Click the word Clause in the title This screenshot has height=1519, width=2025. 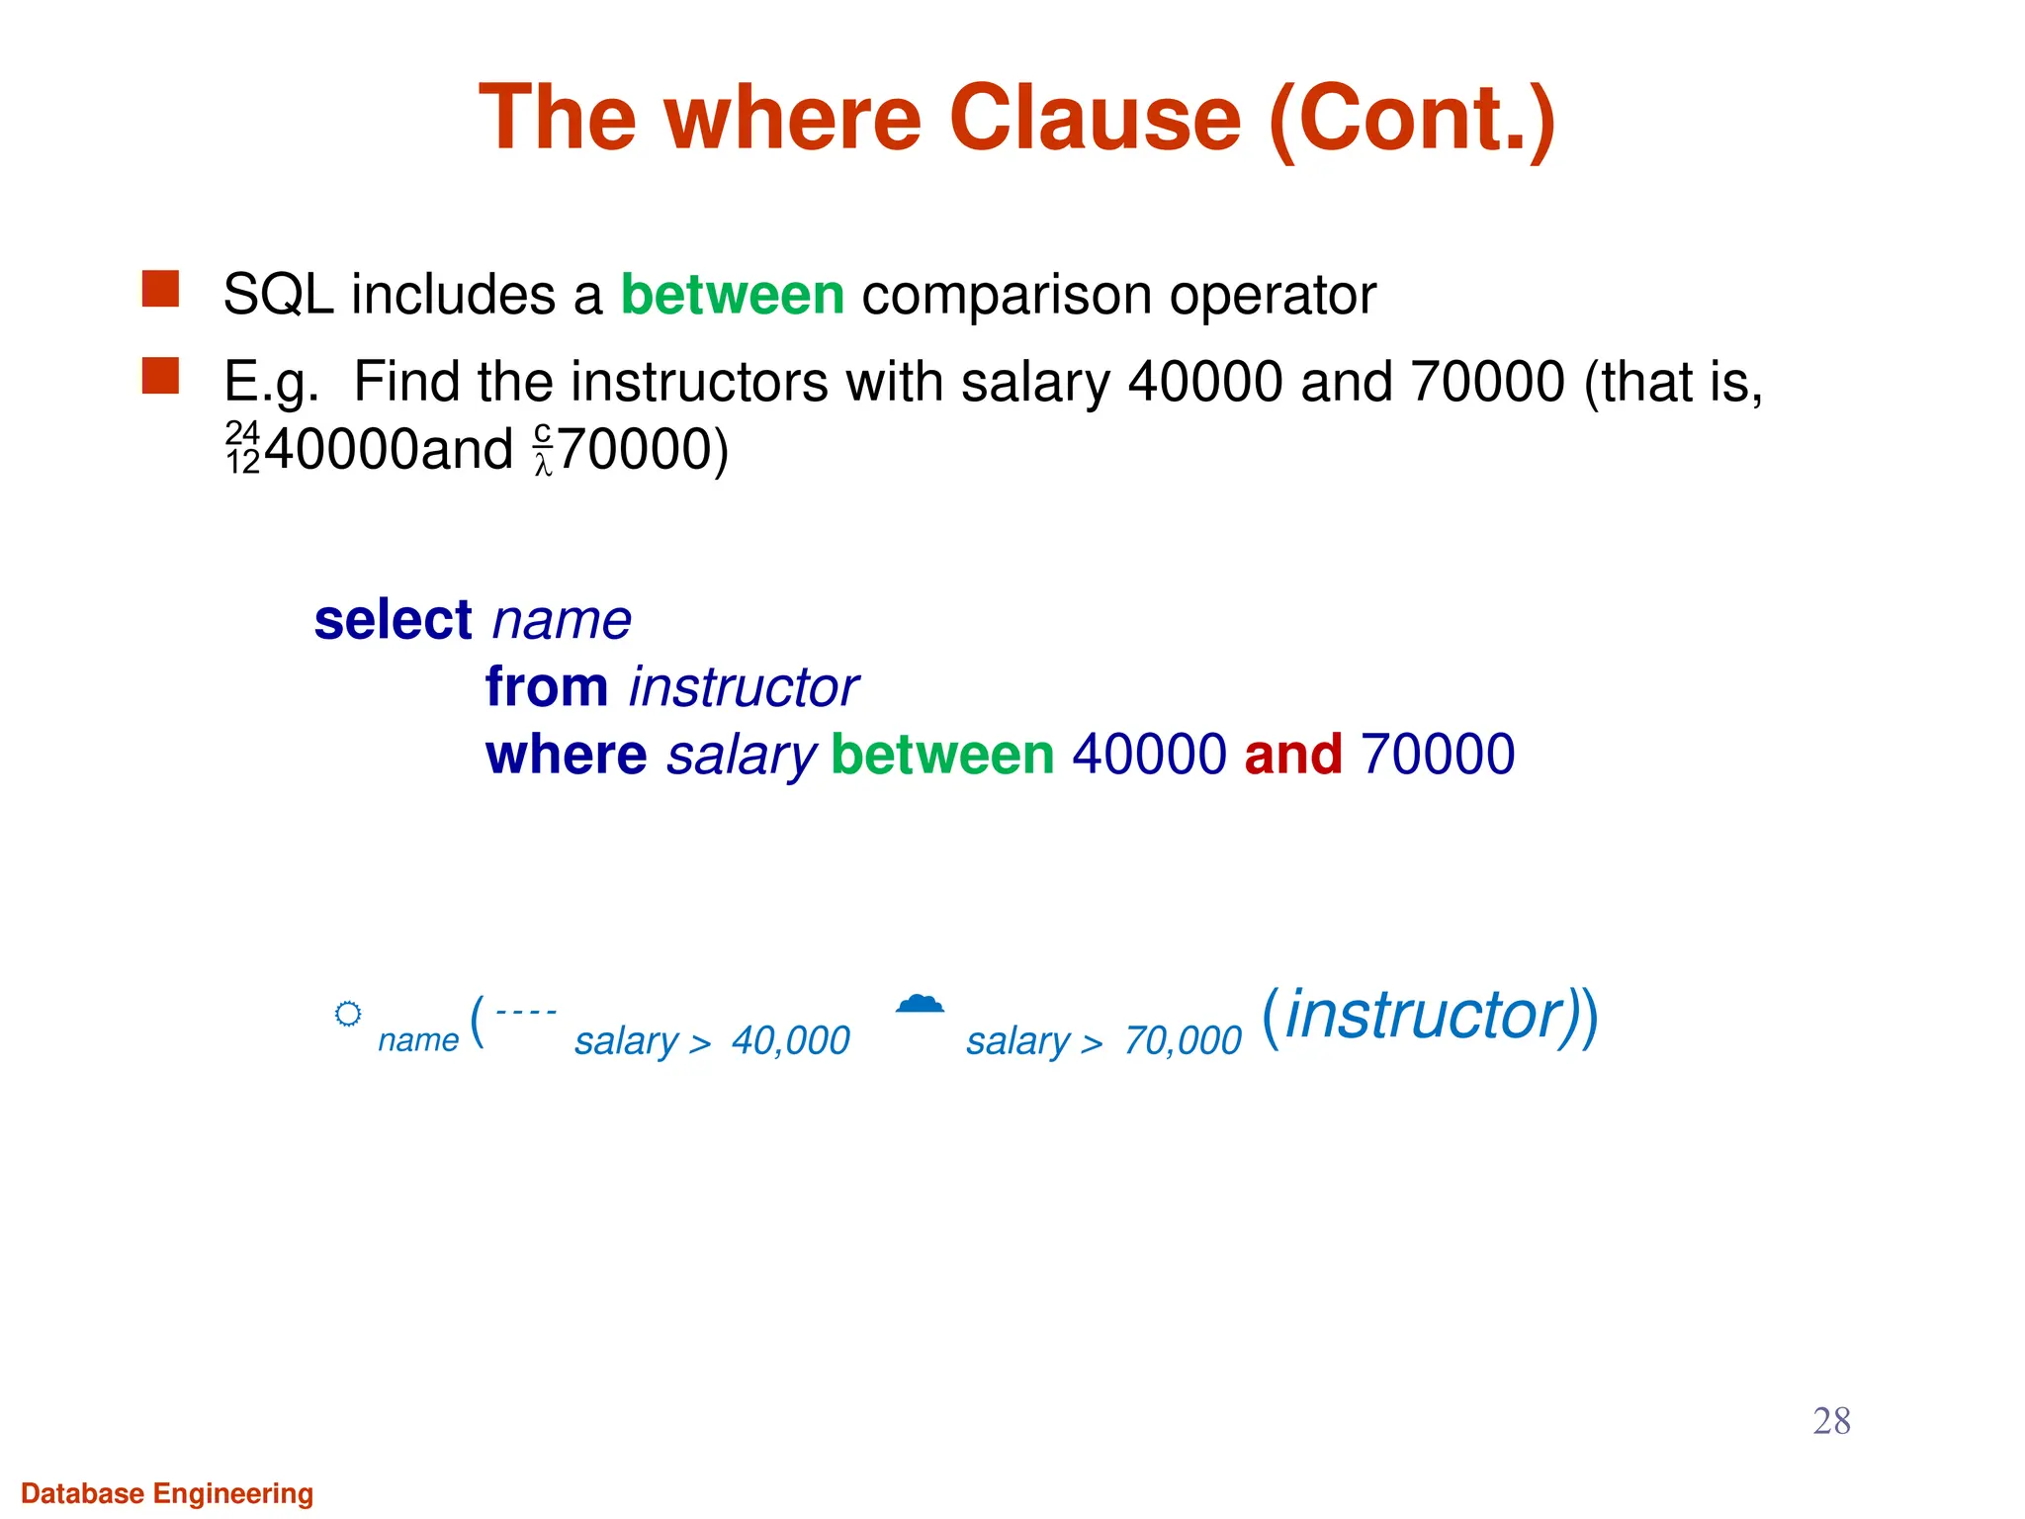click(x=1094, y=118)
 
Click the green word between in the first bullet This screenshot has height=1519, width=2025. click(x=732, y=295)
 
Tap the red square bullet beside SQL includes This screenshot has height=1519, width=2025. click(x=160, y=290)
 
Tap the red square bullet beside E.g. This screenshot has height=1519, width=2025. click(x=160, y=376)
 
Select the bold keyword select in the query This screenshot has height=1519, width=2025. click(x=393, y=620)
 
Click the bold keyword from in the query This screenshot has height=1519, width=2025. click(x=546, y=686)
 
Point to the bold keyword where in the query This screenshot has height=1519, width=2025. click(x=566, y=755)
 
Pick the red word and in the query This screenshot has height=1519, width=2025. click(x=1292, y=755)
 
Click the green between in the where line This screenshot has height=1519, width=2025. click(x=942, y=755)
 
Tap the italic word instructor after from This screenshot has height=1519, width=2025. click(x=744, y=687)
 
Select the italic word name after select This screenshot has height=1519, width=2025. click(x=562, y=620)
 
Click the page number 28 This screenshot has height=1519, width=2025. click(x=1831, y=1421)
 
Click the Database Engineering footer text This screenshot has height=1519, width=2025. click(x=167, y=1493)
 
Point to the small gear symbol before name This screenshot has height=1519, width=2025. click(x=348, y=1014)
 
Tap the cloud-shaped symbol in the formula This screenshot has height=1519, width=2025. click(x=920, y=1004)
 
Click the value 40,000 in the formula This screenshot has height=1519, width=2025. click(x=790, y=1040)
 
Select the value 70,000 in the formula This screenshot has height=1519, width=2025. click(x=1182, y=1040)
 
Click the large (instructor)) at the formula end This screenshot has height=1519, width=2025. click(x=1430, y=1016)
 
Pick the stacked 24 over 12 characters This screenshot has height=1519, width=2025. click(x=242, y=447)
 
